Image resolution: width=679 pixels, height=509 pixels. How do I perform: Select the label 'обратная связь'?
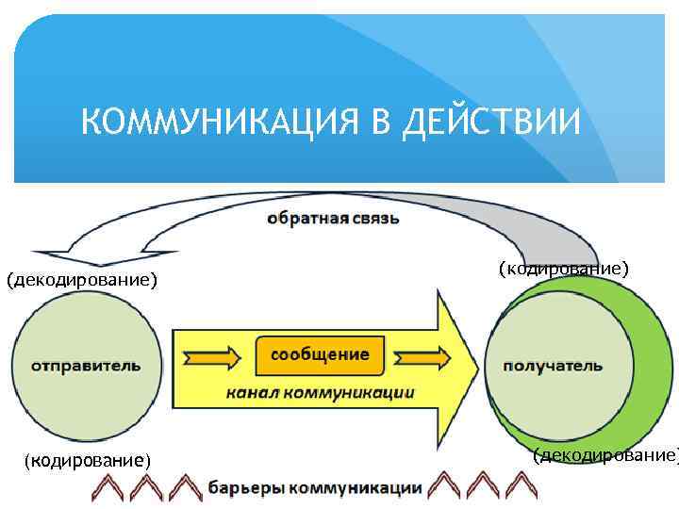tap(333, 219)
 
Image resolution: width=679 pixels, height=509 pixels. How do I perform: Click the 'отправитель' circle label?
tap(86, 365)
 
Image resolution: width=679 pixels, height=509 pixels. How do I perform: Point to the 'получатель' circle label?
tap(553, 365)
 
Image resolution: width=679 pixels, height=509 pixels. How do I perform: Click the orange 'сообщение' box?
tap(320, 354)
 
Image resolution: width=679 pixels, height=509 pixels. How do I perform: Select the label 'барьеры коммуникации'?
tap(314, 487)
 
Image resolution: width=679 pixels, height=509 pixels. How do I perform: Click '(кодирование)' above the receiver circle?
tap(563, 269)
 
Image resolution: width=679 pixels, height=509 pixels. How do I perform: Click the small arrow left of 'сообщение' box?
tap(214, 357)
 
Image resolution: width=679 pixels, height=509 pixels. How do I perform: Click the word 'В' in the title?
tap(374, 122)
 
